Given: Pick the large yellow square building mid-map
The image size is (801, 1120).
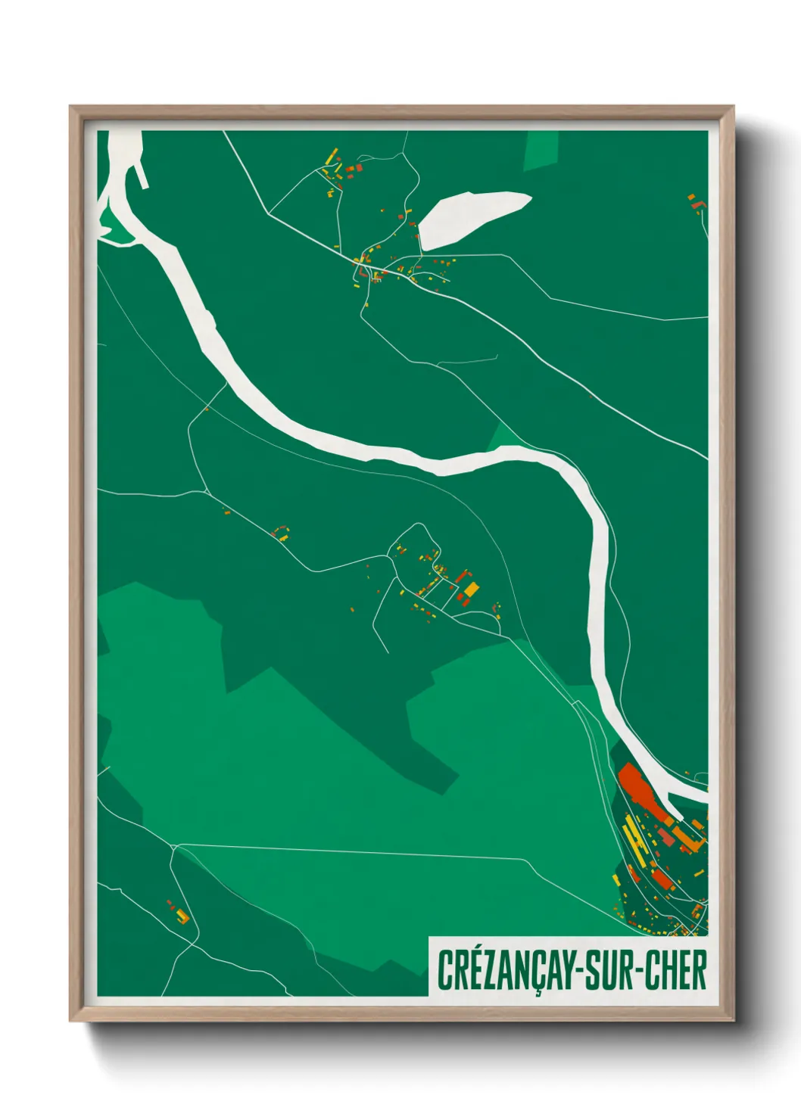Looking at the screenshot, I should (x=472, y=589).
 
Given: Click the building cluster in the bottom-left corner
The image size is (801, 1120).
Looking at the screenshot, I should (x=180, y=913).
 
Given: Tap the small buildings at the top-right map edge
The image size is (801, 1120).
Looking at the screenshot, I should (x=695, y=202).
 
